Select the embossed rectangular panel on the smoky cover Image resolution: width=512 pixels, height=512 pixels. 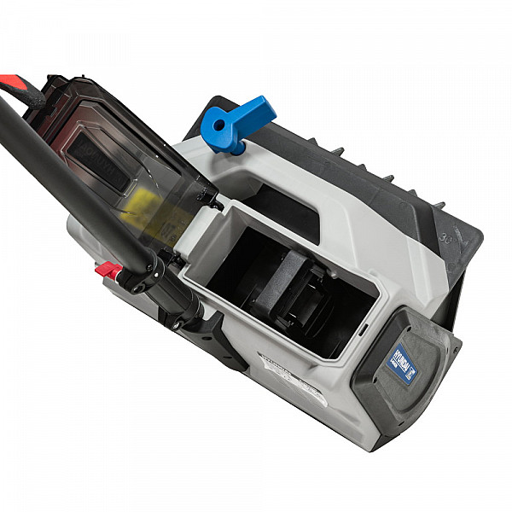[97, 159]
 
